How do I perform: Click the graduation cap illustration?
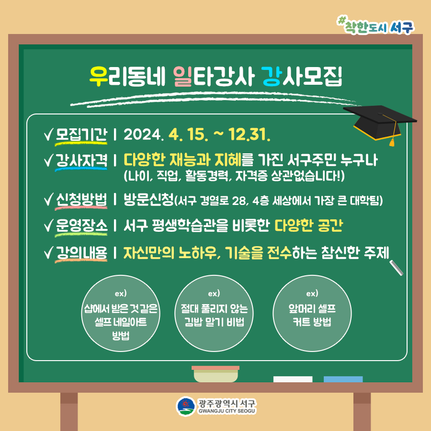(x=380, y=123)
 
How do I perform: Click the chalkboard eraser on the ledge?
(x=215, y=374)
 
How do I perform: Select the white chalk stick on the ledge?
(x=293, y=379)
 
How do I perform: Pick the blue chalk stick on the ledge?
(x=343, y=379)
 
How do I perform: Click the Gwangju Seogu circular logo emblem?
(x=186, y=406)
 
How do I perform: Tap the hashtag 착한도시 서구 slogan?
(x=375, y=25)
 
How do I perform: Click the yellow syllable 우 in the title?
(x=98, y=76)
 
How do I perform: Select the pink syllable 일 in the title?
(x=182, y=76)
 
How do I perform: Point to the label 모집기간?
(x=81, y=135)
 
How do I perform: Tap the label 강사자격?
(x=81, y=160)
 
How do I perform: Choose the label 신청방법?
(x=81, y=200)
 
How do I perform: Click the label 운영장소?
(x=81, y=226)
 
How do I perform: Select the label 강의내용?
(x=81, y=252)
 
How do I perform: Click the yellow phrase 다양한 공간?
(x=309, y=226)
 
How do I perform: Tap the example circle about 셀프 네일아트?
(x=121, y=313)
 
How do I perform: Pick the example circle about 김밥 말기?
(x=214, y=313)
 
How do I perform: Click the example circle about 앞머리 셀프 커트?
(x=312, y=313)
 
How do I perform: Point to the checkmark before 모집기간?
(x=48, y=135)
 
